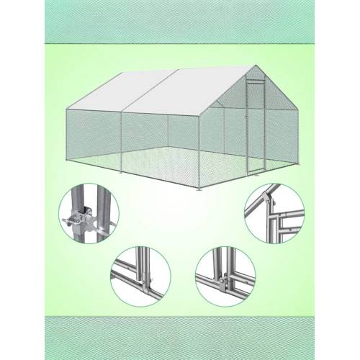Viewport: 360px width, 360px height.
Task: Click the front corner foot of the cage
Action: pyautogui.click(x=199, y=189)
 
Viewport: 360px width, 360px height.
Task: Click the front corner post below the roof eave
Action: pyautogui.click(x=199, y=151)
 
